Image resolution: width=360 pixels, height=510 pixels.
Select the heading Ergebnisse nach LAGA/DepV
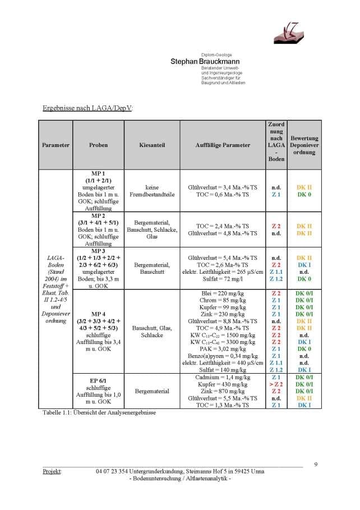click(x=88, y=108)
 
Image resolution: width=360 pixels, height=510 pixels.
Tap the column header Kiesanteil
click(x=151, y=145)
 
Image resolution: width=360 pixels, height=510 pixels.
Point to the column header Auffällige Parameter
click(x=223, y=145)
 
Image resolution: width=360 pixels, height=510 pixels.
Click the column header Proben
click(x=98, y=145)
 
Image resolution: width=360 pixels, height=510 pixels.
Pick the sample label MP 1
click(x=98, y=174)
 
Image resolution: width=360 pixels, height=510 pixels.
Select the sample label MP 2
click(x=98, y=215)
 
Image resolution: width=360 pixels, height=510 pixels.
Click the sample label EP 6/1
click(x=98, y=381)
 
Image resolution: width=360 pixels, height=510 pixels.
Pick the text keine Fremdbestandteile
click(x=151, y=191)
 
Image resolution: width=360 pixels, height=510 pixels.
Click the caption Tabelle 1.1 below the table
click(x=99, y=412)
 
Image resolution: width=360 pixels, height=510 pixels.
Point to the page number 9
click(x=316, y=464)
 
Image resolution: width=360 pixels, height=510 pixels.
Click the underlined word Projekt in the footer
click(x=52, y=471)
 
